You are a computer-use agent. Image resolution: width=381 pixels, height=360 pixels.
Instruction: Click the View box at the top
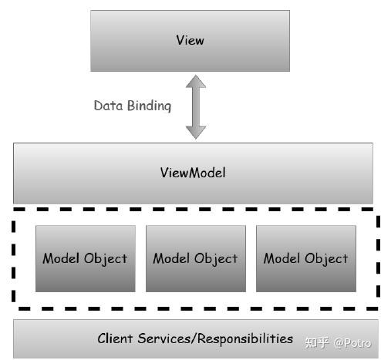[190, 40]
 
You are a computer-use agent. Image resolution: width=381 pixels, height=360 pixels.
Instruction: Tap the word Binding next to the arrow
[149, 106]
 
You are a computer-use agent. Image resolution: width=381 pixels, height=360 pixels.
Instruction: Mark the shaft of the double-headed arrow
[196, 106]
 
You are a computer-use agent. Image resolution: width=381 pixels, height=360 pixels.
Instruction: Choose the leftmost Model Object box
[85, 258]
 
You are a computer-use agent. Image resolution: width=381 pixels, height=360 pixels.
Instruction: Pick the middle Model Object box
[195, 258]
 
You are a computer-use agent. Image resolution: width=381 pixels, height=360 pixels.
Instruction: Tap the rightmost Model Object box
[305, 258]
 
